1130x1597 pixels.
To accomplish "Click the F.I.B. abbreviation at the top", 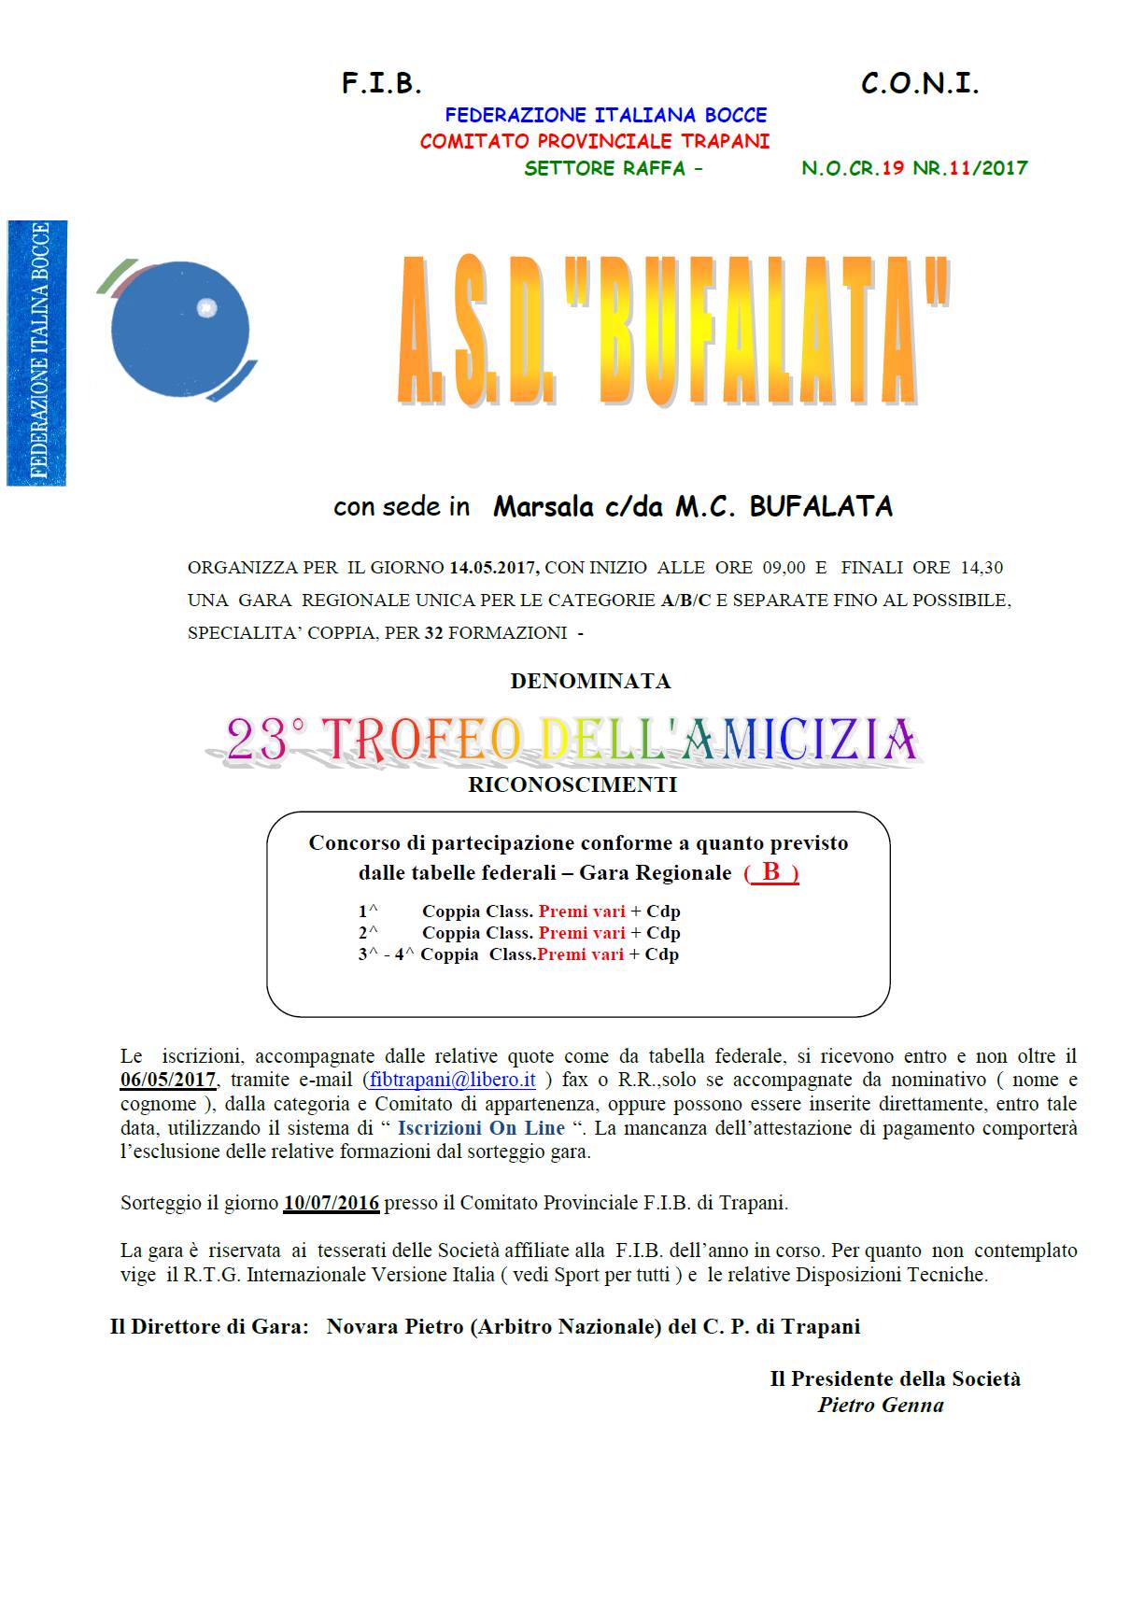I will (x=381, y=84).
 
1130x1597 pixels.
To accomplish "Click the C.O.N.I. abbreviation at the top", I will (x=919, y=84).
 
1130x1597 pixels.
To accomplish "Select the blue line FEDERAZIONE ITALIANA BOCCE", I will (x=605, y=116).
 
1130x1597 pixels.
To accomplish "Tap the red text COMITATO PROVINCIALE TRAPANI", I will (x=594, y=142).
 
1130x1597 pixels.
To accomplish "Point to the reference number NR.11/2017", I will (x=970, y=169).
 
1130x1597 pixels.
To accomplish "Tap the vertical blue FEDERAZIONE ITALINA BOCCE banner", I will (x=37, y=352).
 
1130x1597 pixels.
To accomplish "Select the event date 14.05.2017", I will (x=493, y=568).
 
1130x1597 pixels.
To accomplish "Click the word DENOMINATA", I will (x=590, y=682).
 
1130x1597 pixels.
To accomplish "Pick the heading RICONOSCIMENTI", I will (x=572, y=785).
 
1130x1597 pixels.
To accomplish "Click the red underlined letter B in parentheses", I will (x=771, y=872).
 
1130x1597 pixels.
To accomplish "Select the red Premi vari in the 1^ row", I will (x=582, y=912).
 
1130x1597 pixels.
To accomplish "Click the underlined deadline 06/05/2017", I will (x=168, y=1081).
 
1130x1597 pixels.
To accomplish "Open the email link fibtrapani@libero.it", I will (x=452, y=1081).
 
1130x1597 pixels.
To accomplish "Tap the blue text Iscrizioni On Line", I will (x=481, y=1128).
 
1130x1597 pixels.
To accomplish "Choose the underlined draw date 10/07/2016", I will (x=332, y=1204).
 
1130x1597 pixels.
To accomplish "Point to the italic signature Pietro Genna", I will (x=881, y=1406).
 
